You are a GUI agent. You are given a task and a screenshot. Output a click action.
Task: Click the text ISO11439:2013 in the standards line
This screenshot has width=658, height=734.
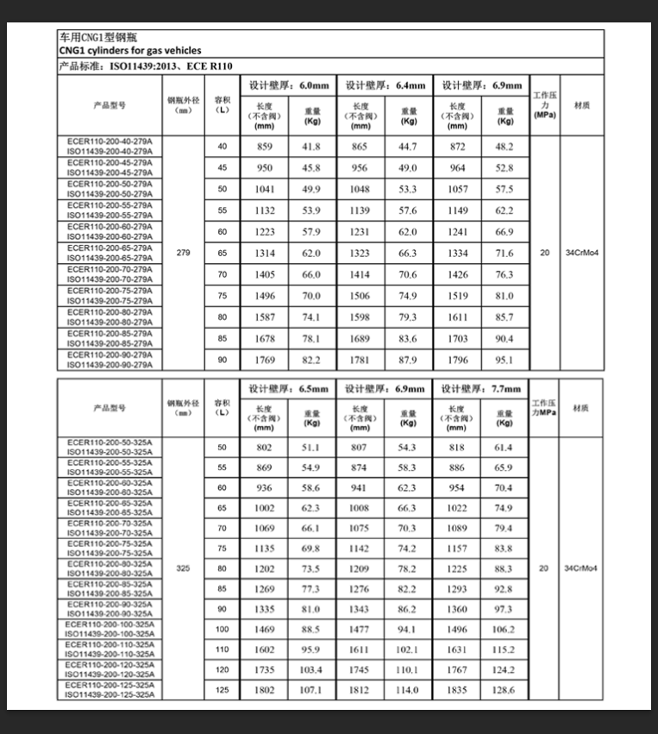coord(144,66)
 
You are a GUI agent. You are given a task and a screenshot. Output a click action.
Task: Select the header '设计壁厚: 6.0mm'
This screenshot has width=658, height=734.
coord(289,85)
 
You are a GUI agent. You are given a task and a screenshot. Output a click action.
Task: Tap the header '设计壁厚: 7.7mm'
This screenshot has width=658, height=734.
coord(481,389)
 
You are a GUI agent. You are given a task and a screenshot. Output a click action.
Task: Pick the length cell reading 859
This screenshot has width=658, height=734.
coord(264,147)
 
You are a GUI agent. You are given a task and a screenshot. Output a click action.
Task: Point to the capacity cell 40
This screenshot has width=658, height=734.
coord(222,147)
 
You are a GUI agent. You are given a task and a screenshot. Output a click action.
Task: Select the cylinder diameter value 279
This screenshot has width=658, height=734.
coord(183,254)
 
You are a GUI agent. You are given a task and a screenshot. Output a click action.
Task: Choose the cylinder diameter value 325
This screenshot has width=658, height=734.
coord(183,568)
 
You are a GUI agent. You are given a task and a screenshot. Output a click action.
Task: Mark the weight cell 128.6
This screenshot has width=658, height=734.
coord(504,690)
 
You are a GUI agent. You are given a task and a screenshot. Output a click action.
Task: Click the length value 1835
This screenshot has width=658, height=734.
coord(457,690)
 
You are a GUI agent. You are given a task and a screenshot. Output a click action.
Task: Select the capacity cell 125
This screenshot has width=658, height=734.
coord(222,690)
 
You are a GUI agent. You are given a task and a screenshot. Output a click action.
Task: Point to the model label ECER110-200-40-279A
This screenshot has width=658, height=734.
coord(109,141)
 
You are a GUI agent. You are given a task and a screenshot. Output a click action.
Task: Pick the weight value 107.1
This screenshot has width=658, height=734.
coord(311,690)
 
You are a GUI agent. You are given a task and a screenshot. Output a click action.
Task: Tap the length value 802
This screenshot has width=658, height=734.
coord(264,448)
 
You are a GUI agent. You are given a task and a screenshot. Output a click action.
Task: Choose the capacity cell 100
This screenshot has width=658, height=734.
coord(222,630)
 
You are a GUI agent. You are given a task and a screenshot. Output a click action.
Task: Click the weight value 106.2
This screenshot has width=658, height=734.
coord(504,630)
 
